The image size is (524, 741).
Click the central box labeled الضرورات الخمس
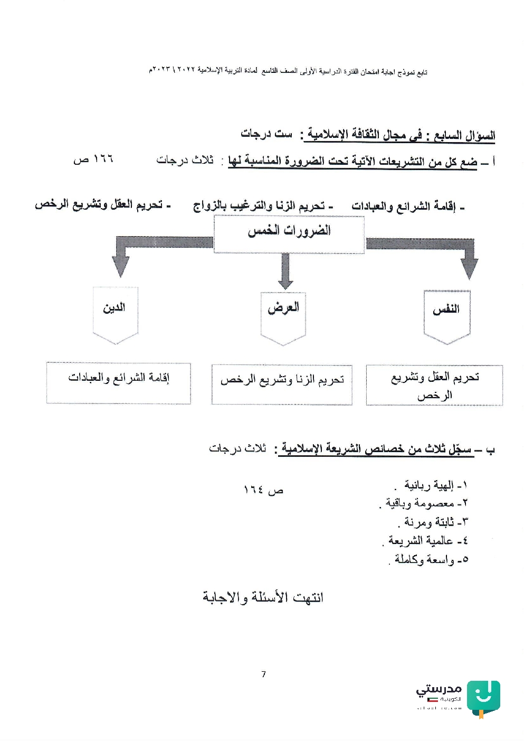(x=289, y=234)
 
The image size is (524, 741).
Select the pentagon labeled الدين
(x=115, y=313)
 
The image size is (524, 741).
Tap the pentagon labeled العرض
(x=283, y=314)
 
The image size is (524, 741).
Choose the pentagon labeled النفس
(x=446, y=315)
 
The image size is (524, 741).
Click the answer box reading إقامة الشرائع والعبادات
(x=119, y=383)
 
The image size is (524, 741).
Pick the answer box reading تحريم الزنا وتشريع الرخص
(x=282, y=384)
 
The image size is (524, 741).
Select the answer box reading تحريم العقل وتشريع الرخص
(x=434, y=385)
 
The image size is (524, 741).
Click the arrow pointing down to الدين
(x=121, y=261)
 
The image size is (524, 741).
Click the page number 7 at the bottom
(x=263, y=674)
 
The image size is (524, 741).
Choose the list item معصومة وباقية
(x=426, y=504)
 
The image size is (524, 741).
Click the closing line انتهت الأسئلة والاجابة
(x=263, y=597)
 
